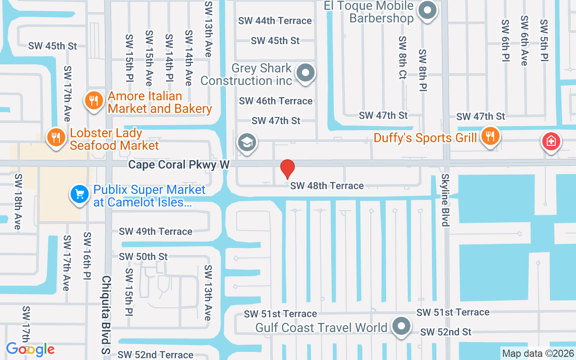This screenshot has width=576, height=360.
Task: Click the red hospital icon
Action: [550, 142]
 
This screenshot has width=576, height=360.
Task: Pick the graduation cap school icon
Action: [247, 143]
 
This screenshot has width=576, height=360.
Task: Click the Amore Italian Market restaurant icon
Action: [94, 101]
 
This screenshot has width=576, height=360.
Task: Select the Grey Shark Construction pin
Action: [306, 72]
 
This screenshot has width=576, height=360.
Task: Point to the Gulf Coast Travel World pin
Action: [401, 326]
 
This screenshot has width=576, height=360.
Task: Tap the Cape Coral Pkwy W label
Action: [179, 165]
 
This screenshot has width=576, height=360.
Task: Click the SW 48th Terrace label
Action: [327, 185]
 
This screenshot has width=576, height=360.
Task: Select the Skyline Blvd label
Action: [445, 200]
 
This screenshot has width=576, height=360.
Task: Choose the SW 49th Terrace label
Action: [156, 231]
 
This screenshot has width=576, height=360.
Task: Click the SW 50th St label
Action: [143, 256]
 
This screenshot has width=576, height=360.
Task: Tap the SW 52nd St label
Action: [445, 332]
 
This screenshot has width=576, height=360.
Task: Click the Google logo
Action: [30, 349]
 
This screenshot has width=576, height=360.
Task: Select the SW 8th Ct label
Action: [402, 58]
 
